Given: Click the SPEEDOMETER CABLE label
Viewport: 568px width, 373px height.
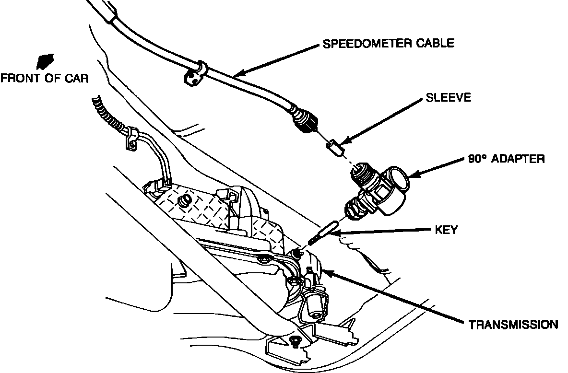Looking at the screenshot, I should tap(388, 44).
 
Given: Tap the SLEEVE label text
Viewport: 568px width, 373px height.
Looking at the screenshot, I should tap(449, 98).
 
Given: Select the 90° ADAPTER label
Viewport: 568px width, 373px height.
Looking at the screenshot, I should tap(506, 159).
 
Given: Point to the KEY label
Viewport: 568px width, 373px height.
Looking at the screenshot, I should tap(445, 230).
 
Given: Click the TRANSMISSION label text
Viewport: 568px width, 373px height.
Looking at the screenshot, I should tap(513, 325).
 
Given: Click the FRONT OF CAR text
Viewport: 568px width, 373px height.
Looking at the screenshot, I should tap(44, 78).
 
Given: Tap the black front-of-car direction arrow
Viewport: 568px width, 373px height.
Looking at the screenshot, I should tap(44, 61).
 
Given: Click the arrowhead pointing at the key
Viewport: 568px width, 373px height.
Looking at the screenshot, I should tap(336, 233).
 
